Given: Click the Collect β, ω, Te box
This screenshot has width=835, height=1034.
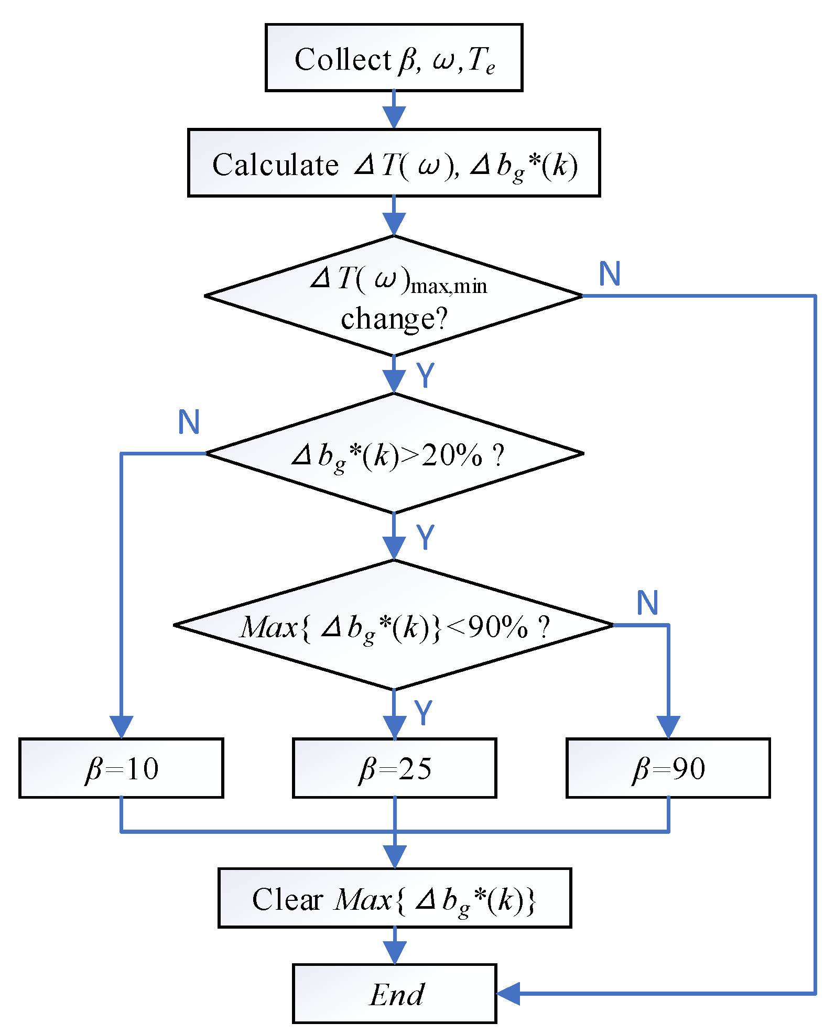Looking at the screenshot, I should point(394,58).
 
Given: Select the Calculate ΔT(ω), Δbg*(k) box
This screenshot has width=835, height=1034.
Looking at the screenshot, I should point(394,163).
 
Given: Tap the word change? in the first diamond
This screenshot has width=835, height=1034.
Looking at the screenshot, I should point(394,319).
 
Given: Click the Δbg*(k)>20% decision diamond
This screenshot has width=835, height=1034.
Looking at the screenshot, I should point(394,453).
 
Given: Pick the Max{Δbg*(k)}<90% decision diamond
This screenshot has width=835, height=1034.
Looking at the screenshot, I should point(394,625).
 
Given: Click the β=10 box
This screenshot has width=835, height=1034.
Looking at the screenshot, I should point(121,768).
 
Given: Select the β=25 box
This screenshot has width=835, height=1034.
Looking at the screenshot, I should point(394,768).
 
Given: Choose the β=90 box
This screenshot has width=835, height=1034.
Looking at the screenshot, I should point(668,768).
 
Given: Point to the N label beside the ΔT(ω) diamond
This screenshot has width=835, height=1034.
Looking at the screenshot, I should point(610,274).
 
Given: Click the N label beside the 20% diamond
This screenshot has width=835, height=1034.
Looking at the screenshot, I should point(189,422).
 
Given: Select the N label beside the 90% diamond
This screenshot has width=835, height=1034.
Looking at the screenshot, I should point(647,603).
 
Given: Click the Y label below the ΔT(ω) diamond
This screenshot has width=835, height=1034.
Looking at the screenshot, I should point(425,375).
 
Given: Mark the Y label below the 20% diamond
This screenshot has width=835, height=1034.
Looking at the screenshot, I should point(425,537).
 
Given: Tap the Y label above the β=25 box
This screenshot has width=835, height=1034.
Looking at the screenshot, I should point(423,712).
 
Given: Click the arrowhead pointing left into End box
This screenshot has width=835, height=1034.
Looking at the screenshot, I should point(507,993).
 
